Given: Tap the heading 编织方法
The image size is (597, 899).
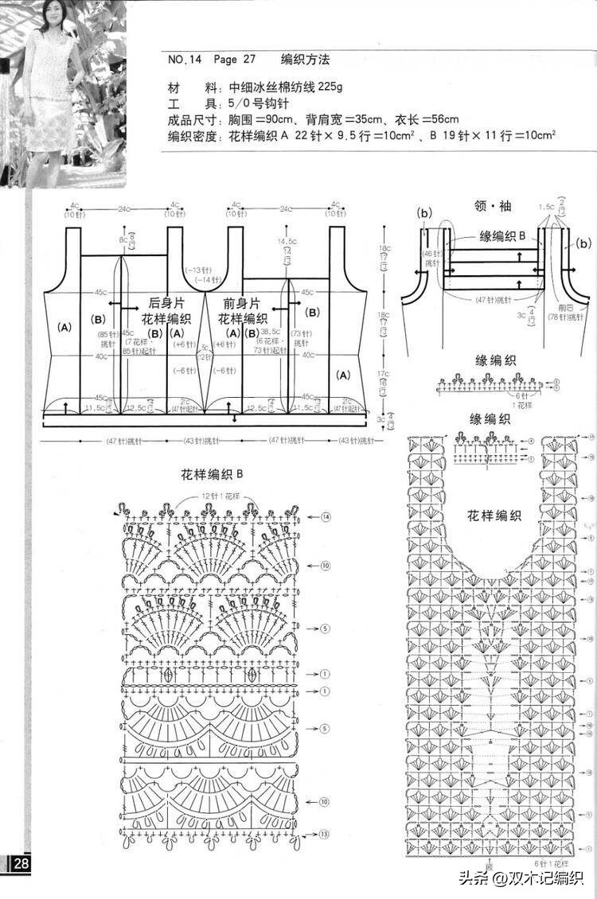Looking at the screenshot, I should click(305, 60).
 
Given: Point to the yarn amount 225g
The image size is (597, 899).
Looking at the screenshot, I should click(327, 86).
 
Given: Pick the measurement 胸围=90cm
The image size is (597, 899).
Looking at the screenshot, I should click(267, 119).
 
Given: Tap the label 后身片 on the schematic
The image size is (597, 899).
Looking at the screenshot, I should click(166, 303).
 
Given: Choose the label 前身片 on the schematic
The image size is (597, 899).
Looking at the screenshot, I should click(244, 303).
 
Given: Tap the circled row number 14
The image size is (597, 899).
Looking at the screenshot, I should click(326, 518).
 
